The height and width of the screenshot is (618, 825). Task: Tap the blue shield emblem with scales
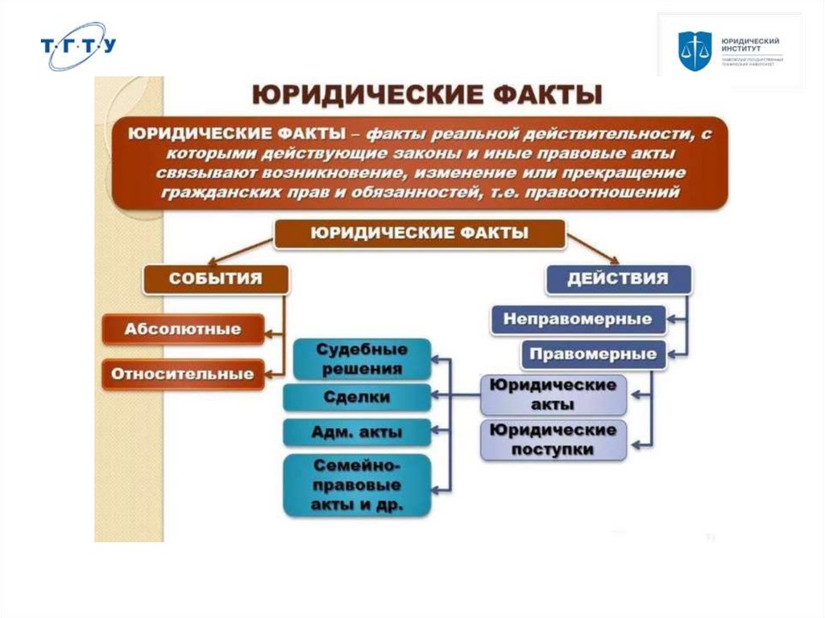point(694,50)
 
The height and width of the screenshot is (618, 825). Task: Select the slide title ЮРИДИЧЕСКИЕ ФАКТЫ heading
point(427,95)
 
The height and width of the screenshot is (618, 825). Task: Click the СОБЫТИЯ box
point(215,279)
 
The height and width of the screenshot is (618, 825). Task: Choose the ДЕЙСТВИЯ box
point(618,279)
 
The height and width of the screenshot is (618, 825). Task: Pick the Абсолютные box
point(183,329)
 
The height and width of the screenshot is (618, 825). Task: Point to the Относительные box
point(183,374)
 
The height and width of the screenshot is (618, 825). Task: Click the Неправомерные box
point(578,319)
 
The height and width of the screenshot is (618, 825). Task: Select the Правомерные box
point(594,354)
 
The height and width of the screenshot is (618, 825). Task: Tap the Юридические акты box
point(553,394)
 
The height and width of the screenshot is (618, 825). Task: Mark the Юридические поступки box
point(553,439)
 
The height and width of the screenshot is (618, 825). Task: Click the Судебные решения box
point(362,359)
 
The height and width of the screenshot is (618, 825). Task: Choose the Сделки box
point(357,397)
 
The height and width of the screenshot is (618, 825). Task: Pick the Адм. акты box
point(357,433)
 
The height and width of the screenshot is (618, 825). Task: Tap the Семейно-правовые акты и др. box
point(357,486)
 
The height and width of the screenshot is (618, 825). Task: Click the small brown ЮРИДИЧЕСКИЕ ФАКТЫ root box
point(419,234)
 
